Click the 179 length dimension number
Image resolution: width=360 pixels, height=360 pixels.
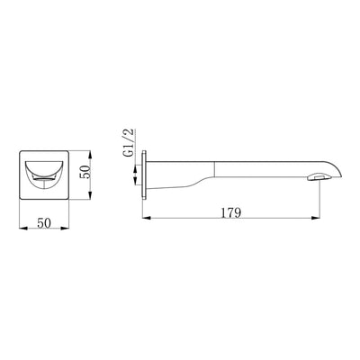point(231,212)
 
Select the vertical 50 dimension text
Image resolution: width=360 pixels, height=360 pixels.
point(85,172)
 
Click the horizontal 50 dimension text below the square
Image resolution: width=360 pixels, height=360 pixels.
point(44,223)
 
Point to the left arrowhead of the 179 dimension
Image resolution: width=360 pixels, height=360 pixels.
point(146,218)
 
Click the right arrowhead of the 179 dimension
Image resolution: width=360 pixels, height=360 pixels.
point(315,218)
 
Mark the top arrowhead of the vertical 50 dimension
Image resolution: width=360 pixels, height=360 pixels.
point(90,155)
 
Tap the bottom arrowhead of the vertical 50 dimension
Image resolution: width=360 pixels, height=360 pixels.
point(90,194)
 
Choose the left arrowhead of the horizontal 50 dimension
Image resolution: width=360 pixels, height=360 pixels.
point(23,229)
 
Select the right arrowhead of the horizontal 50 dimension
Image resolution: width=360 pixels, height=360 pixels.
point(65,229)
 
